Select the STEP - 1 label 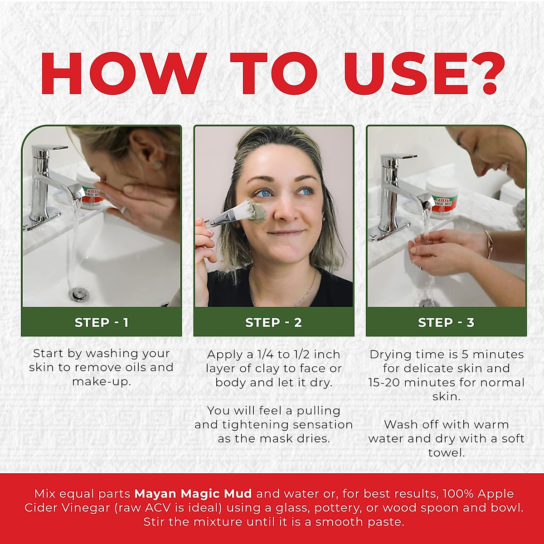click(102, 322)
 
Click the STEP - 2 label click(273, 322)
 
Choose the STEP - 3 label click(446, 322)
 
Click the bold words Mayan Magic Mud click(193, 494)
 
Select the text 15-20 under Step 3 click(384, 382)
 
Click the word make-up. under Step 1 click(102, 381)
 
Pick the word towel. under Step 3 click(447, 452)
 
